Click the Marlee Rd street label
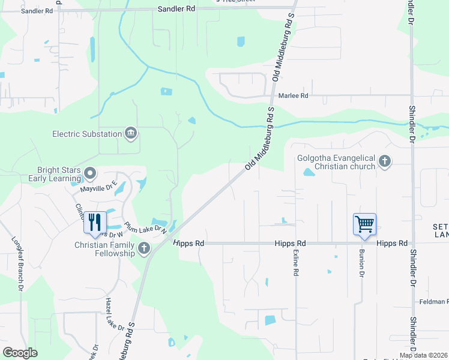click(x=295, y=95)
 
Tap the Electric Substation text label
click(x=87, y=133)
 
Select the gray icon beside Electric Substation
click(x=130, y=133)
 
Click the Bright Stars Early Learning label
click(x=59, y=174)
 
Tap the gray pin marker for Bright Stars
click(x=91, y=174)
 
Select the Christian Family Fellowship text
click(x=104, y=249)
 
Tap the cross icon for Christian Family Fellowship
click(x=143, y=248)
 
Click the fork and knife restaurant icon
click(x=95, y=222)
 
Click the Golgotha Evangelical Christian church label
click(x=337, y=162)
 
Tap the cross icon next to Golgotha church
click(x=385, y=161)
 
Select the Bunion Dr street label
click(x=362, y=263)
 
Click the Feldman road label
click(x=434, y=301)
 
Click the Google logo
click(x=20, y=353)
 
